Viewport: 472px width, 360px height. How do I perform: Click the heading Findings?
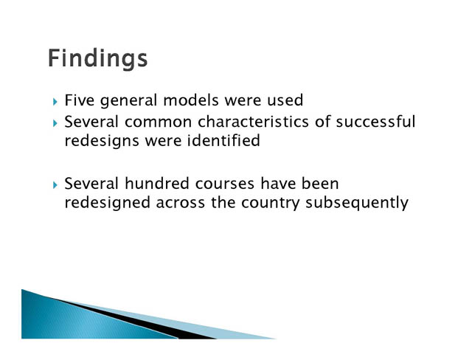pos(97,58)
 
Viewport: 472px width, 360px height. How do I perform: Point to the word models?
pos(191,100)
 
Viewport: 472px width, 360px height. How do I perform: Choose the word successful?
pos(375,122)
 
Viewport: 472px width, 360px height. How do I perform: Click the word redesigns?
pos(102,142)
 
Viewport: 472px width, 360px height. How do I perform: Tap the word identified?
pos(223,141)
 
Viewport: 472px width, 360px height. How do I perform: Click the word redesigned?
pos(107,203)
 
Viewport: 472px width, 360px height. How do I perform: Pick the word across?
pos(180,203)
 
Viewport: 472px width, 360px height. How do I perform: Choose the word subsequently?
pos(357,203)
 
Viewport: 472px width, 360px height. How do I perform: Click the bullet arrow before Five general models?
pos(55,102)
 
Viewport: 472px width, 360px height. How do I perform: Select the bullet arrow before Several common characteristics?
pos(55,123)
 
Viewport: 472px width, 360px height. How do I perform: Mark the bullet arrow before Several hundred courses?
pos(55,185)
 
